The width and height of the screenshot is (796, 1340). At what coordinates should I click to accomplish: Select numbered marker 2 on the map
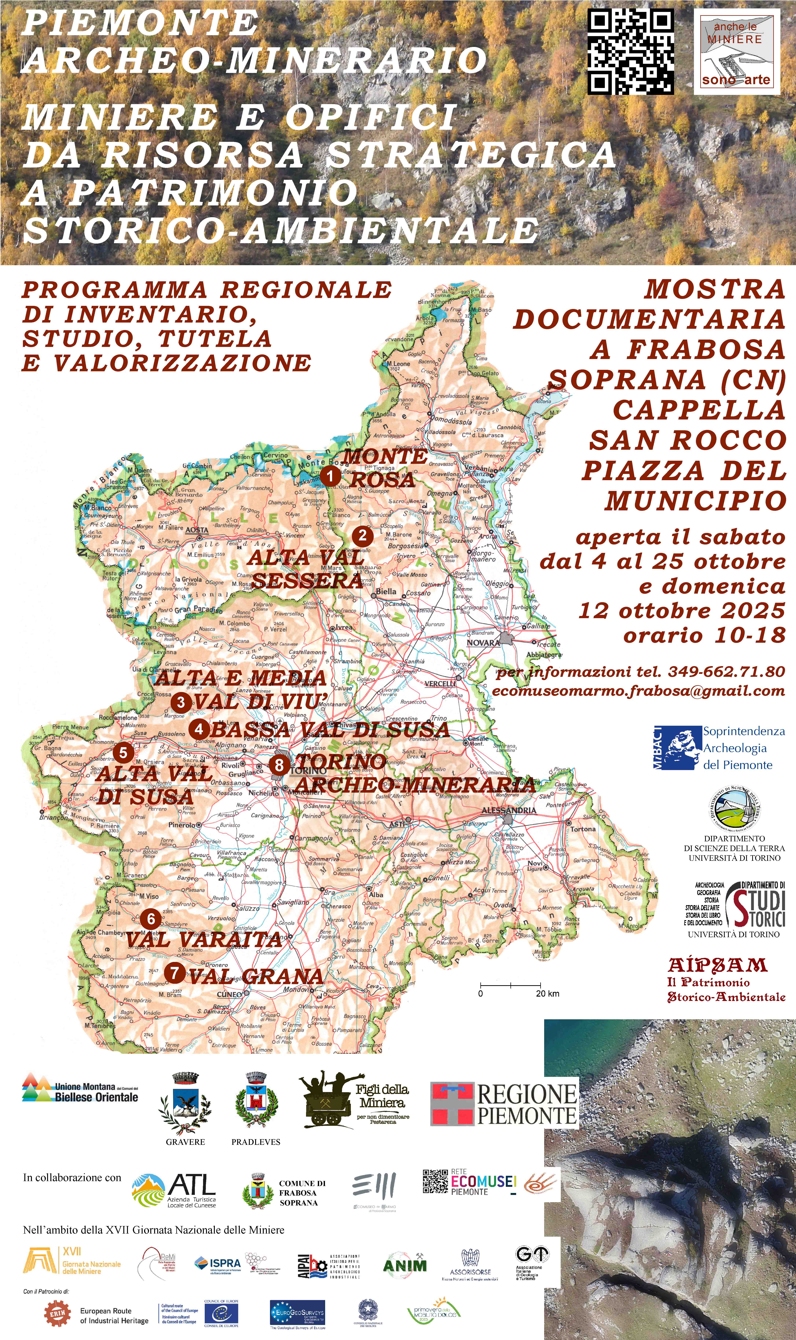pyautogui.click(x=363, y=535)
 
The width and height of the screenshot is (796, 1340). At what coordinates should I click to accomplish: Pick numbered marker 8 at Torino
pyautogui.click(x=279, y=764)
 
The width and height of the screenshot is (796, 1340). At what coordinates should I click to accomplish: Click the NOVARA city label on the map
pyautogui.click(x=483, y=642)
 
